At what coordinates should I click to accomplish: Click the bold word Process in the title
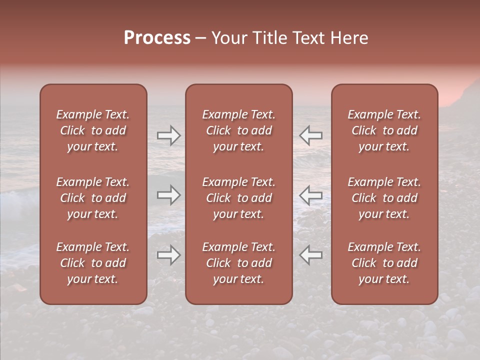(157, 38)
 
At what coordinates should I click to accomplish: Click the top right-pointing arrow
(169, 135)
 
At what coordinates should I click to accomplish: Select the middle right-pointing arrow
(169, 195)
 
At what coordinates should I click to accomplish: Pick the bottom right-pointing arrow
(169, 255)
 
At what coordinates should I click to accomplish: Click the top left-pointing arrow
(310, 135)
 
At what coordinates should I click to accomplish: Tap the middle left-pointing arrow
(310, 195)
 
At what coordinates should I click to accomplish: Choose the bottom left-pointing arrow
(310, 255)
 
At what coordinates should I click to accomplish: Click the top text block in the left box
(93, 130)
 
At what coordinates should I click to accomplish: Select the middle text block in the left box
(93, 198)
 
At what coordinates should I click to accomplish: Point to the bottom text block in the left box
(93, 263)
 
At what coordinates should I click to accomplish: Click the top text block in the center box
(238, 130)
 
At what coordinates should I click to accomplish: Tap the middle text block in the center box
(238, 198)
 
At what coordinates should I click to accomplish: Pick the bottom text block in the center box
(238, 263)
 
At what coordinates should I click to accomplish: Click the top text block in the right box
(384, 130)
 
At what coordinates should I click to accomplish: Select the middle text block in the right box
(384, 198)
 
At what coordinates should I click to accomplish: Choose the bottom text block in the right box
(384, 263)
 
